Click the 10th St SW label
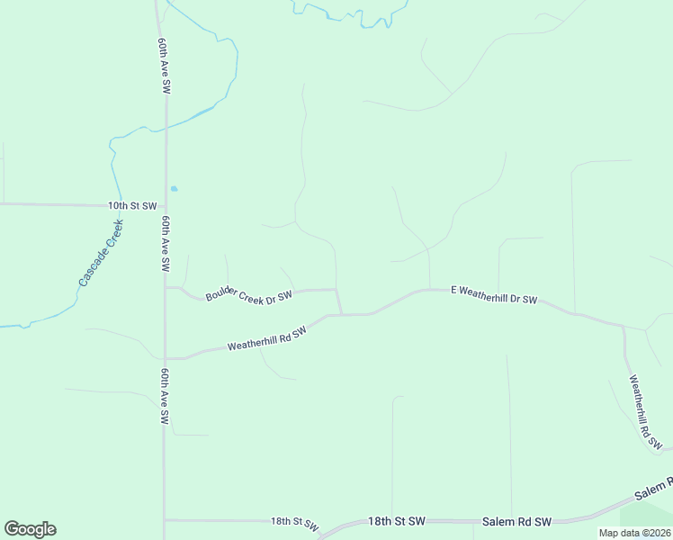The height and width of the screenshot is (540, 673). point(132,205)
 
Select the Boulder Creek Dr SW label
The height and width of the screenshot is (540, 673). point(248,294)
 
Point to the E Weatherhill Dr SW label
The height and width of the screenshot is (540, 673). point(494,294)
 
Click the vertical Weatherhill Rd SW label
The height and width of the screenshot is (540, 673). point(645,412)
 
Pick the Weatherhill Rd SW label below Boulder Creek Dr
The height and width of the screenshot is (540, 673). point(267,338)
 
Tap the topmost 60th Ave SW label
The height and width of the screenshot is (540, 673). point(164,67)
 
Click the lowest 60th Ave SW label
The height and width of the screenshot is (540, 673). point(165,396)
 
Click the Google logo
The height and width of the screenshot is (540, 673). point(30,529)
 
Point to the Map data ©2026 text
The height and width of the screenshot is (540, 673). point(634,533)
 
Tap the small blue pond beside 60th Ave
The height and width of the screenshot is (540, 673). point(174,188)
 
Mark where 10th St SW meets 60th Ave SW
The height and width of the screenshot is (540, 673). point(164,205)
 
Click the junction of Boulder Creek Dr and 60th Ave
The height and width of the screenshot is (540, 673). point(165,288)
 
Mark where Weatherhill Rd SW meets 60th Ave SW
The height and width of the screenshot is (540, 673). point(165,357)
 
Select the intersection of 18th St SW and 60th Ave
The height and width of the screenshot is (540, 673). point(165,519)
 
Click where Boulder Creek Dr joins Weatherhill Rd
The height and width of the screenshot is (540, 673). point(341,314)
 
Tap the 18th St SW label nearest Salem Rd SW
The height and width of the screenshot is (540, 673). point(396,521)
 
